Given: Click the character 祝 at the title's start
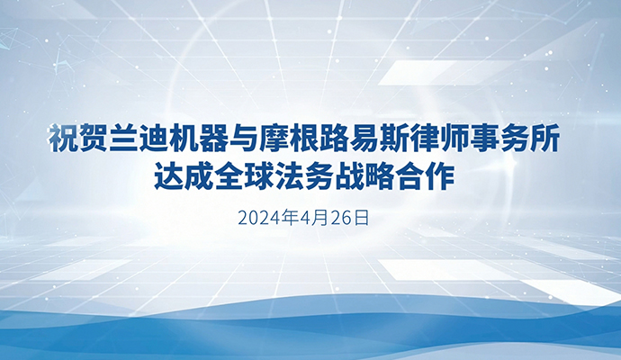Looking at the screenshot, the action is (63, 139).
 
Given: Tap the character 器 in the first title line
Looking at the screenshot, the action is (213, 139).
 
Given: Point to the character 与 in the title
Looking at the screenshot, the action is (244, 139).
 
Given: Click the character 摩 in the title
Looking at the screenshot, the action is (274, 139).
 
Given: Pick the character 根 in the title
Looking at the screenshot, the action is (304, 139).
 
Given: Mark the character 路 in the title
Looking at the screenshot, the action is (334, 139).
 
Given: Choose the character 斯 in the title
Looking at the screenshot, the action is (394, 139).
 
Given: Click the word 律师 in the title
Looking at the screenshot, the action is (439, 139).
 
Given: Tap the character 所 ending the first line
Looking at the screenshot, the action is (544, 139).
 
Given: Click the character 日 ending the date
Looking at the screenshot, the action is (361, 218).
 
